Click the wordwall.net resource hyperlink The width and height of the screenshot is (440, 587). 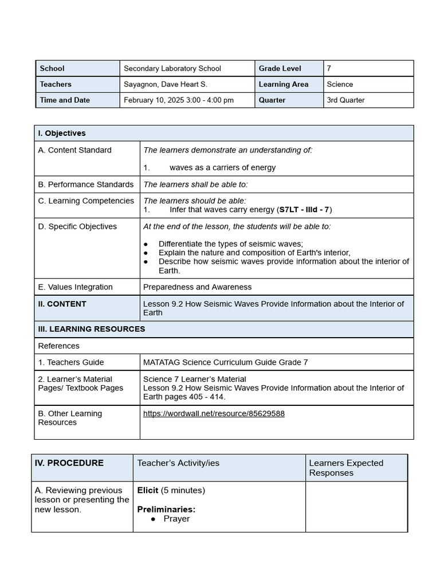(x=214, y=413)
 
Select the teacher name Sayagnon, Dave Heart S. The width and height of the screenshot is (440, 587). (x=166, y=84)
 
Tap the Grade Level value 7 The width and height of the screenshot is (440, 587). (x=329, y=68)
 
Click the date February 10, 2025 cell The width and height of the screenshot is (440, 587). (x=179, y=100)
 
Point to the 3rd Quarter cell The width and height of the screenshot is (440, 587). (x=345, y=100)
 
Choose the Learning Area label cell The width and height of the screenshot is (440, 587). (x=284, y=84)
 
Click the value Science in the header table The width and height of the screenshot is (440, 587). (x=340, y=84)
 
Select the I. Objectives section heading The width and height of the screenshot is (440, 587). (x=62, y=133)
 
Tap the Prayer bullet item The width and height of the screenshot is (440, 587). (x=176, y=519)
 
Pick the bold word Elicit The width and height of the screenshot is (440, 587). (x=148, y=490)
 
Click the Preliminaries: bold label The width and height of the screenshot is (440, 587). (x=166, y=509)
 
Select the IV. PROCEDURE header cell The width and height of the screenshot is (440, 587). (x=69, y=463)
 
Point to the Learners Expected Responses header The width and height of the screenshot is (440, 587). (x=346, y=468)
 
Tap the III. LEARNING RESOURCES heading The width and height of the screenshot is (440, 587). (x=92, y=329)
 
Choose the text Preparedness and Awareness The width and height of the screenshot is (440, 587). (x=197, y=287)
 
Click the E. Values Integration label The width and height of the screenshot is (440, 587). (x=75, y=287)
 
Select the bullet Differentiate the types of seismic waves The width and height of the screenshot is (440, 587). (x=230, y=244)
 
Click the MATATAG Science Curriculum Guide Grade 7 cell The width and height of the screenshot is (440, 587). (x=225, y=362)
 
